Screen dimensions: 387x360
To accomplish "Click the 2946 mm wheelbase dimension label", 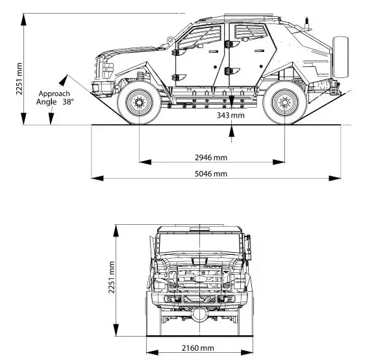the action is [x=211, y=157].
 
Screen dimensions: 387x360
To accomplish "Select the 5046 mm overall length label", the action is [x=211, y=174].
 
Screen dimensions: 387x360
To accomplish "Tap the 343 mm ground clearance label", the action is [x=231, y=115].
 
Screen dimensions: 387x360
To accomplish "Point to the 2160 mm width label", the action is [x=197, y=348].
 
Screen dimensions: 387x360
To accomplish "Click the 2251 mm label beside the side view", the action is [x=19, y=79].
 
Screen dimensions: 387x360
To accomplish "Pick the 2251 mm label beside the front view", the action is [x=111, y=277].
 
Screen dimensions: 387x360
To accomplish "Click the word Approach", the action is [x=55, y=94].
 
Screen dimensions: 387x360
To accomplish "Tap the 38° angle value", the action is [x=68, y=102].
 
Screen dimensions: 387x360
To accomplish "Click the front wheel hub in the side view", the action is [x=139, y=103].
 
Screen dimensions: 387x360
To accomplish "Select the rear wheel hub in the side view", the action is [x=284, y=103].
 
